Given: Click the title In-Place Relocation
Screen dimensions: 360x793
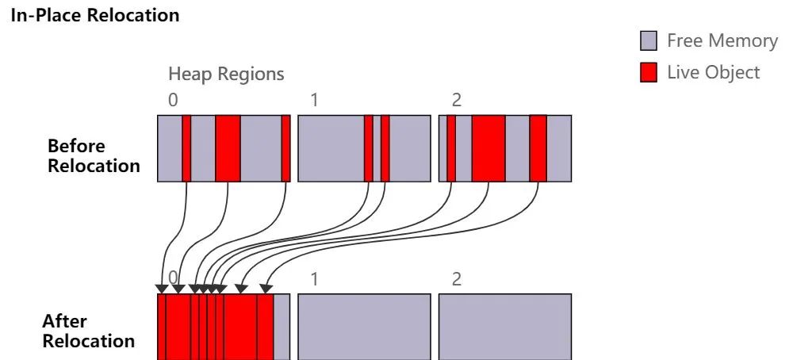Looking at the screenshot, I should [x=95, y=14].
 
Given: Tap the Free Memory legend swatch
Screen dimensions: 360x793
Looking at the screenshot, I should [x=649, y=41].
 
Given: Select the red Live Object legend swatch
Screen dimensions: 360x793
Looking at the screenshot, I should [x=649, y=73].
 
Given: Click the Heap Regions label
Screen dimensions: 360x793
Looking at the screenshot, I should [x=226, y=75].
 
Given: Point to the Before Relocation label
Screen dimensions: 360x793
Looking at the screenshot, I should [x=94, y=155].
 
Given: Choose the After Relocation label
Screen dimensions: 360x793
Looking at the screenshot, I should [x=88, y=331].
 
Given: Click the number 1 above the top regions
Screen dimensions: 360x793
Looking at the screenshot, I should [x=314, y=101].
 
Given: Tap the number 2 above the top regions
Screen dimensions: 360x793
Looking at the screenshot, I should [x=456, y=101].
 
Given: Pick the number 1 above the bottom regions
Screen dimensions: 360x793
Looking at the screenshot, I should [x=314, y=279].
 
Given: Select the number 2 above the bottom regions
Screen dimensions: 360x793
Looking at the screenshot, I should [x=456, y=279].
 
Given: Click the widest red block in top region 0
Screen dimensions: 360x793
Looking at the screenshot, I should [x=228, y=148].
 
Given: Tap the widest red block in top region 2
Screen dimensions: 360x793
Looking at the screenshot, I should [x=488, y=148].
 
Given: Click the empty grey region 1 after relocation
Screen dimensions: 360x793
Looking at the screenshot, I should [x=364, y=327].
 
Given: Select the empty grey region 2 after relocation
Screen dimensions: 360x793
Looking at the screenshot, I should [x=504, y=327].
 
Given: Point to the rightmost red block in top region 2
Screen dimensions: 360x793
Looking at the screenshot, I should [x=538, y=148].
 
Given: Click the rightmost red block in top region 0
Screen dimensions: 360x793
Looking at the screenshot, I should [x=285, y=148].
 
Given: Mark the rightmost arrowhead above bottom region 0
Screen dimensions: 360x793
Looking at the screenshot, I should [x=266, y=289].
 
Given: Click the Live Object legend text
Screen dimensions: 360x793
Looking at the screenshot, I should [x=713, y=73].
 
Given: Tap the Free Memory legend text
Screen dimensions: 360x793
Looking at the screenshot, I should [x=722, y=41].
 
